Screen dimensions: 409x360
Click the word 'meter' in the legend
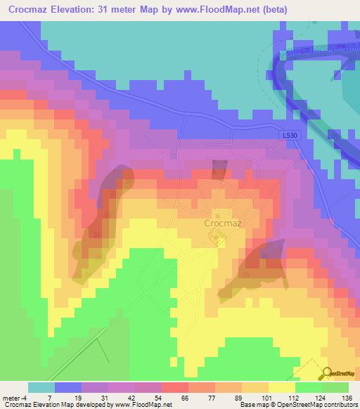pos(11,398)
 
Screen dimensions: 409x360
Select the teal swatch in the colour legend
pos(41,387)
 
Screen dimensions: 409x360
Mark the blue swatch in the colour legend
pos(67,387)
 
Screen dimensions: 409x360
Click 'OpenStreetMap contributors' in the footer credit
pos(321,405)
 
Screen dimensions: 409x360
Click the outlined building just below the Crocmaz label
pos(219,241)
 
